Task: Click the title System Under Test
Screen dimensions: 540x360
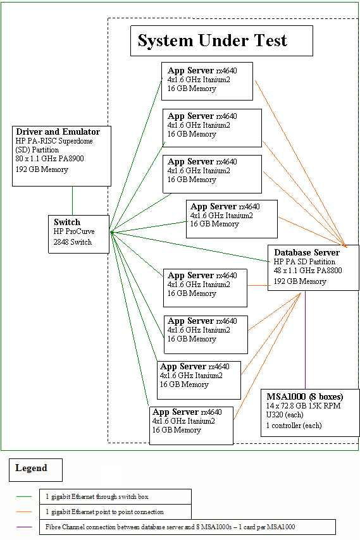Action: click(x=212, y=41)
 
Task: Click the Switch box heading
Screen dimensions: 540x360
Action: click(x=67, y=222)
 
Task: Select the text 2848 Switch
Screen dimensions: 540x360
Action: click(x=73, y=242)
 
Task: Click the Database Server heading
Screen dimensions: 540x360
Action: click(x=307, y=252)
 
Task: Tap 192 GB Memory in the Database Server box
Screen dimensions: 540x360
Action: click(x=300, y=281)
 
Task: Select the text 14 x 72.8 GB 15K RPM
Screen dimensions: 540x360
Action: click(x=304, y=406)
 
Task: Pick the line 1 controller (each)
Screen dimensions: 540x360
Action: click(x=294, y=426)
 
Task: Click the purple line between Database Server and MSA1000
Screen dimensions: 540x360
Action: click(x=306, y=341)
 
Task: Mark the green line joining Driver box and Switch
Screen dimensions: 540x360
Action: click(x=72, y=201)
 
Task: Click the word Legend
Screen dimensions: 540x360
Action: click(x=31, y=469)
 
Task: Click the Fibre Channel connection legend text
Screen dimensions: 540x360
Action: click(x=178, y=527)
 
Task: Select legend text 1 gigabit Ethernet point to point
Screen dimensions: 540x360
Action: click(x=105, y=512)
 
